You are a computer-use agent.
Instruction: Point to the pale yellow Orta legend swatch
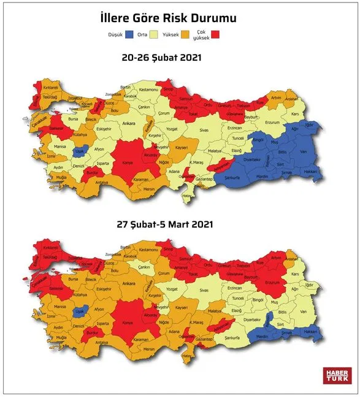click(156, 34)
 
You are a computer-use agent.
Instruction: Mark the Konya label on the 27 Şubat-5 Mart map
click(128, 323)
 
